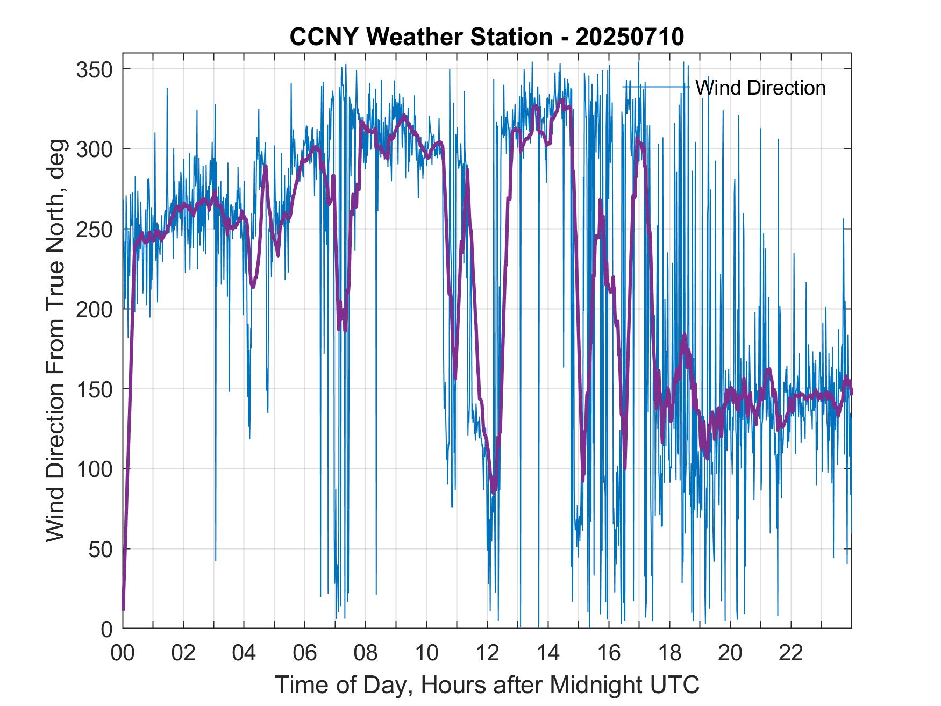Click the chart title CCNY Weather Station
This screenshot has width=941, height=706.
(x=420, y=37)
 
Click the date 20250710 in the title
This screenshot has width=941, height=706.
(x=630, y=37)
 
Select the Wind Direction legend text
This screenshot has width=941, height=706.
(x=760, y=88)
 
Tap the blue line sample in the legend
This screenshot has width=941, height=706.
(x=656, y=87)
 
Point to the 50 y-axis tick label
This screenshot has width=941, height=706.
(x=102, y=549)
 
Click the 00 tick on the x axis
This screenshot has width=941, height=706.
(x=123, y=653)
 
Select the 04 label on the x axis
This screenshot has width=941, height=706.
(x=244, y=653)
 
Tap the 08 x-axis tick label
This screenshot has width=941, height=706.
(x=366, y=653)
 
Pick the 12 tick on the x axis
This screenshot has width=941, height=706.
(x=487, y=653)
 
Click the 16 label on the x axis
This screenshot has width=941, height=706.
(x=609, y=653)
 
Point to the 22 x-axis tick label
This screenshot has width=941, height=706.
(x=791, y=653)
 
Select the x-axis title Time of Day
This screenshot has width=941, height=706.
(x=487, y=684)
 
